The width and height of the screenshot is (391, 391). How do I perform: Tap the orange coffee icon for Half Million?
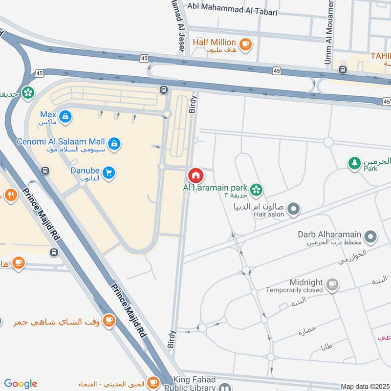[x=245, y=43]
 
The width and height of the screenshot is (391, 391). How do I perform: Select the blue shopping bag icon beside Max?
[x=65, y=116]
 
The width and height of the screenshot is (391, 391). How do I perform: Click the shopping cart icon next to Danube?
[x=109, y=173]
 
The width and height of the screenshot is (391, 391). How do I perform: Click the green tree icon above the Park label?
[x=354, y=163]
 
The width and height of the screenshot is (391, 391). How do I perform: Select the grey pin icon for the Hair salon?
[x=293, y=210]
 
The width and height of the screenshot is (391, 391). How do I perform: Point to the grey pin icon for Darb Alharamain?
[x=371, y=237]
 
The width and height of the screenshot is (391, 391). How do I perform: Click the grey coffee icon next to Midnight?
[x=332, y=284]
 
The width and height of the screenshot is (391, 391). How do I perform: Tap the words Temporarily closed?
[x=294, y=290]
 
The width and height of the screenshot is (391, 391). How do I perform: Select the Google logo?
[x=21, y=384]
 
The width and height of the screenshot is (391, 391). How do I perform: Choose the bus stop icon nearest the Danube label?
[x=45, y=171]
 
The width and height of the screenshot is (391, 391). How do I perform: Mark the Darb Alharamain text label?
[x=330, y=234]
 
